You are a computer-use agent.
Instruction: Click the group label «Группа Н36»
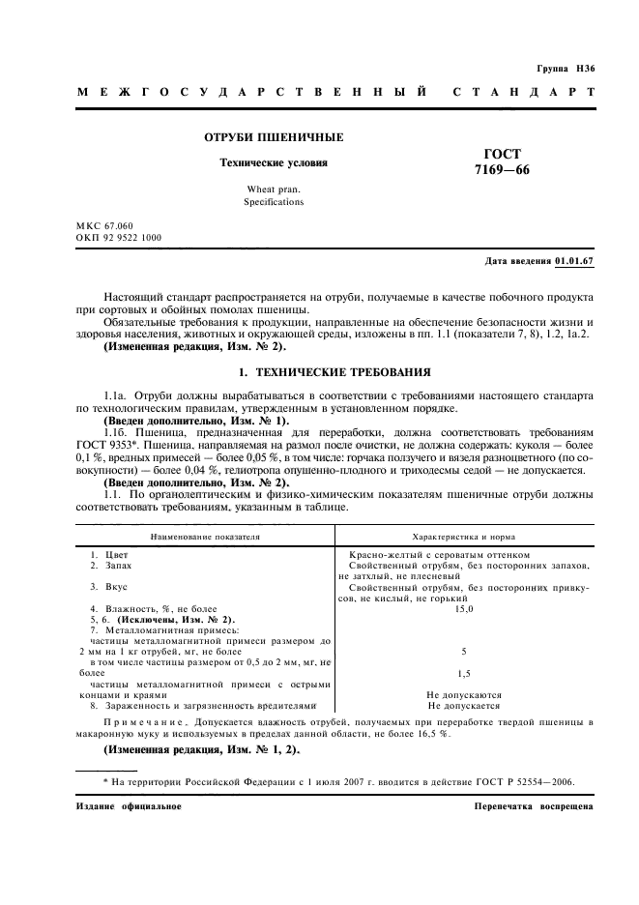tap(566, 69)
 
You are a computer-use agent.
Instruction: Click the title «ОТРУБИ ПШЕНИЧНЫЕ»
tap(272, 138)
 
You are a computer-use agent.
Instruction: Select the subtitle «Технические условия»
tap(274, 162)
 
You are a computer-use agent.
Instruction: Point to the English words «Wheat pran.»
tap(274, 190)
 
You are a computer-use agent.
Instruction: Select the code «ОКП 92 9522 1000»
tap(119, 237)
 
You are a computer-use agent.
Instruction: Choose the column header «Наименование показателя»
tap(204, 535)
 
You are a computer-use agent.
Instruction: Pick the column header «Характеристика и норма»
tap(464, 535)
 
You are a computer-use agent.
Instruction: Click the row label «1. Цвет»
tap(109, 554)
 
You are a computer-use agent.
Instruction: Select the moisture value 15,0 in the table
tap(464, 609)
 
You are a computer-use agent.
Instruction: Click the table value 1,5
tap(464, 672)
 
